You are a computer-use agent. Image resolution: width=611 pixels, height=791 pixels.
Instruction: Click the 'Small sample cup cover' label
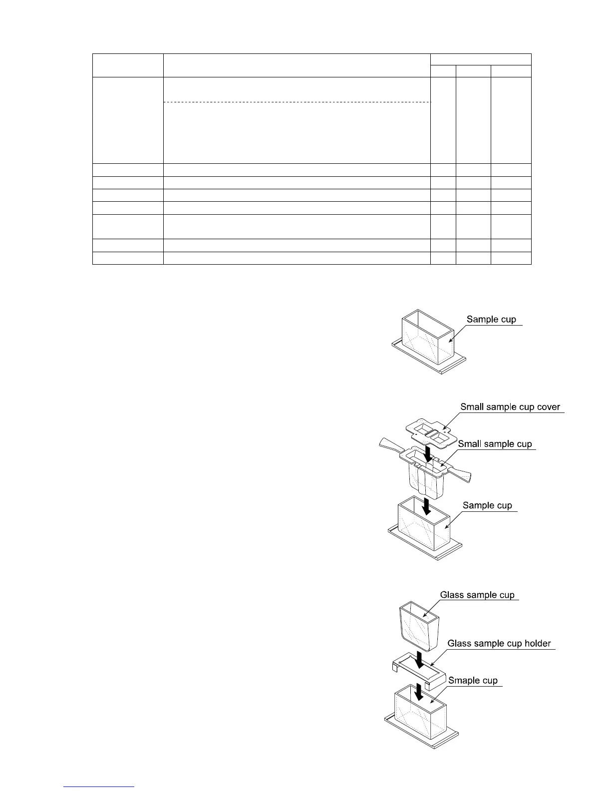511,406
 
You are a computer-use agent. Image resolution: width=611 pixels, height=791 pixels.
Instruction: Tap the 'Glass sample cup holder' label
499,643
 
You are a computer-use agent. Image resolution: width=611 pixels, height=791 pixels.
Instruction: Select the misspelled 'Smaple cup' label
473,680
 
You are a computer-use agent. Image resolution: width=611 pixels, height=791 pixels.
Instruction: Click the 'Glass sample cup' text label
477,595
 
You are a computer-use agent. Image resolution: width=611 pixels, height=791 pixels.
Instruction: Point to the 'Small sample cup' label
495,444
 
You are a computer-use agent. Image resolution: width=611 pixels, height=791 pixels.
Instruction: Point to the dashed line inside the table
297,102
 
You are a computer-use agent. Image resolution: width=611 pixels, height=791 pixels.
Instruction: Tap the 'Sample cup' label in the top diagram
491,319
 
